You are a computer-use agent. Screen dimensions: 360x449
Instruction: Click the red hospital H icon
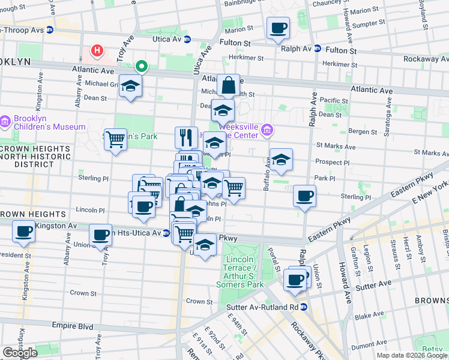click(95, 50)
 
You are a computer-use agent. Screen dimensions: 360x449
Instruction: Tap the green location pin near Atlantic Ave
click(142, 66)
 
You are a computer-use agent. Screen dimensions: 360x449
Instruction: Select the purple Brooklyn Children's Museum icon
click(6, 122)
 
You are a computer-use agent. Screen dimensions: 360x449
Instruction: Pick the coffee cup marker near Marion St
click(278, 28)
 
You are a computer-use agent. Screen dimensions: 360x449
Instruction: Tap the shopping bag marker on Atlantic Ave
click(229, 85)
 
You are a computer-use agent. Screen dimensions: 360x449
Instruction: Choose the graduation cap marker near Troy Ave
click(130, 86)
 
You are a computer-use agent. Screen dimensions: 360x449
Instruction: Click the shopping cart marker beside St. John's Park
click(115, 140)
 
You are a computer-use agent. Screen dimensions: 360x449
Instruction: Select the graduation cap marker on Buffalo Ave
click(281, 160)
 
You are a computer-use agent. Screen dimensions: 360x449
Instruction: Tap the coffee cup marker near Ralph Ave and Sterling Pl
click(305, 196)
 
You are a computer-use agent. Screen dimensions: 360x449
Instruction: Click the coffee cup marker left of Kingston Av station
click(24, 231)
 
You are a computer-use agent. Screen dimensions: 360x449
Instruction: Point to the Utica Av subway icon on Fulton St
click(187, 40)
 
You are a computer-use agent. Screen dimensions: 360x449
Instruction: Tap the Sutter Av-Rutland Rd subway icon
click(304, 307)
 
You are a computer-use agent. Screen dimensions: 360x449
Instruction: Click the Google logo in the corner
click(20, 353)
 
